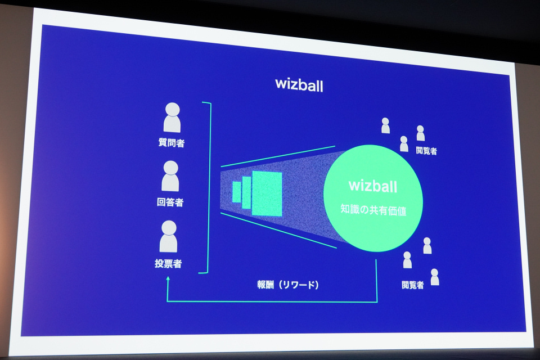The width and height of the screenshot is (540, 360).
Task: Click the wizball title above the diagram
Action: click(299, 84)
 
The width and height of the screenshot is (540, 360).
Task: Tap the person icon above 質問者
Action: click(172, 117)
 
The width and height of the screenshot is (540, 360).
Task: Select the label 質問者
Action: click(172, 143)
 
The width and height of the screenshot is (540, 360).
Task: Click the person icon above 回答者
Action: click(170, 175)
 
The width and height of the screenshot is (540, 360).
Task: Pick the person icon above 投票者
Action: click(168, 236)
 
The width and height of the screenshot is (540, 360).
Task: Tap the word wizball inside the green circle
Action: click(373, 185)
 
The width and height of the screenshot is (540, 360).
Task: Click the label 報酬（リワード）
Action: click(287, 285)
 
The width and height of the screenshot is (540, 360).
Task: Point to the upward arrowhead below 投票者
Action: click(168, 278)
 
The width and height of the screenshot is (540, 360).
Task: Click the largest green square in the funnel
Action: click(267, 193)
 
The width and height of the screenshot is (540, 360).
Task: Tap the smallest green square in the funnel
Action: click(236, 192)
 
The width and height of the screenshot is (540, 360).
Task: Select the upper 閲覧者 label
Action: click(426, 151)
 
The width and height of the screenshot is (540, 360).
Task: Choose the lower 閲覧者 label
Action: click(412, 285)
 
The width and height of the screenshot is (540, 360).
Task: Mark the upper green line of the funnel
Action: click(278, 156)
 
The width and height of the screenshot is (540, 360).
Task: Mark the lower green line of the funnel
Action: click(278, 229)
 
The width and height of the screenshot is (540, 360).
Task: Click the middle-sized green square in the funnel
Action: click(246, 192)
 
